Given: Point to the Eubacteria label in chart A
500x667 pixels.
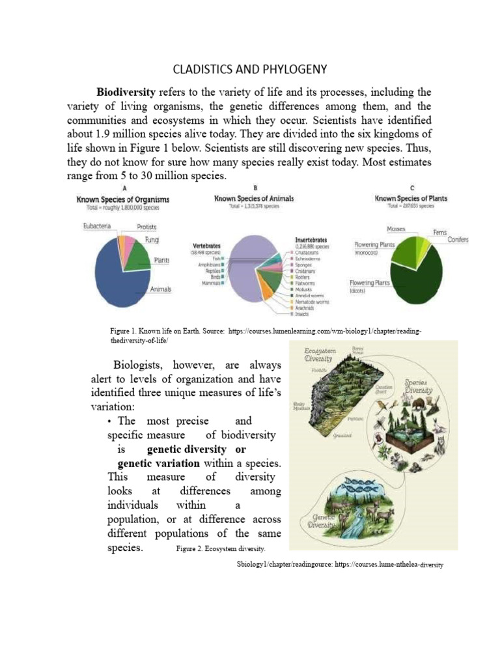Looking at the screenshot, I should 96,226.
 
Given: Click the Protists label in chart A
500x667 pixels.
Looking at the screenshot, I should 146,227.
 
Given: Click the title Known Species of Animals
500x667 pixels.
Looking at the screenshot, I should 254,198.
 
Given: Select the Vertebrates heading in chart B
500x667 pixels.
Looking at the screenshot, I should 208,245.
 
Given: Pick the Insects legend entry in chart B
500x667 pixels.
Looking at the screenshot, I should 301,313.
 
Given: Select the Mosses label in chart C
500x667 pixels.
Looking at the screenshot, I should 396,229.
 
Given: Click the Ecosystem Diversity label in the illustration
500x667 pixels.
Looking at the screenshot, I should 318,354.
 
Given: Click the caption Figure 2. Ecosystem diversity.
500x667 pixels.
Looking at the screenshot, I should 215,549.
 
